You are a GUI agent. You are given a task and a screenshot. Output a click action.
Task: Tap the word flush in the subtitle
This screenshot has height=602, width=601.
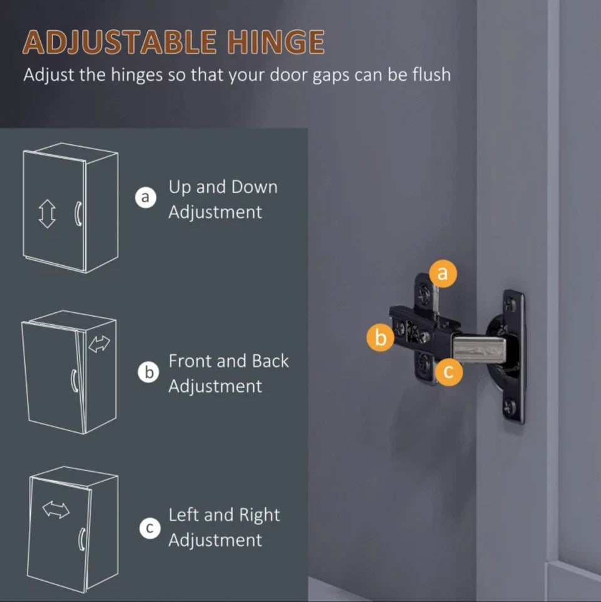point(432,74)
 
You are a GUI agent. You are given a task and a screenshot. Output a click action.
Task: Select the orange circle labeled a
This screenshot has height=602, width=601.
point(442,273)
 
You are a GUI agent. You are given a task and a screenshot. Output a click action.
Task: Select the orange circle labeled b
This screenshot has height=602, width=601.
point(380,337)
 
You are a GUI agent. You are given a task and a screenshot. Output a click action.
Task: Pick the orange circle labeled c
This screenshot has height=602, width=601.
point(448,372)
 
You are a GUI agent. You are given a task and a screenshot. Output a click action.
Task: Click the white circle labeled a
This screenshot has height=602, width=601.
point(145,198)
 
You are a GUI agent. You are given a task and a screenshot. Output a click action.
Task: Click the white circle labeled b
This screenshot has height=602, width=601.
point(149,372)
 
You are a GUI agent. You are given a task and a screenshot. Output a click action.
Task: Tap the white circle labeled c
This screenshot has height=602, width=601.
point(150,528)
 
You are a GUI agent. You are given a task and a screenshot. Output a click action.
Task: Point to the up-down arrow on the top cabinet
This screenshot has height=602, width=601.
point(47,214)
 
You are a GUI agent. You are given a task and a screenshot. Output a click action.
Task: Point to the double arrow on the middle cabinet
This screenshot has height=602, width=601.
point(100,344)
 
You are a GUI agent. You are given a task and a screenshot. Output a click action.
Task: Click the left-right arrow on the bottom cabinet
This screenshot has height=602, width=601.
point(56,510)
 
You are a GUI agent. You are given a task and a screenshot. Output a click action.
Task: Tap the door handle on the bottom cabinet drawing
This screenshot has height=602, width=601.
point(81,539)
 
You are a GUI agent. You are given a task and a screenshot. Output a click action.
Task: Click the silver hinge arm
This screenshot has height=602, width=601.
point(479,349)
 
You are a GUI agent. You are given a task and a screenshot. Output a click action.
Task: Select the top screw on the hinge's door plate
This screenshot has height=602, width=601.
point(510,305)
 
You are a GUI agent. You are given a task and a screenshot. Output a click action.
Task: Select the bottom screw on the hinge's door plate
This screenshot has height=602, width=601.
point(510,407)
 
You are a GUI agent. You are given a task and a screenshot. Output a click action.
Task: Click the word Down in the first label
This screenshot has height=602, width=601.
point(254,187)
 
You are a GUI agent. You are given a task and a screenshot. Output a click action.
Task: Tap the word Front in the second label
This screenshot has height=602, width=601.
point(191,361)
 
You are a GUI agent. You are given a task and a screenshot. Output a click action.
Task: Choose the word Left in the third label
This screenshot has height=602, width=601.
point(182,515)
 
